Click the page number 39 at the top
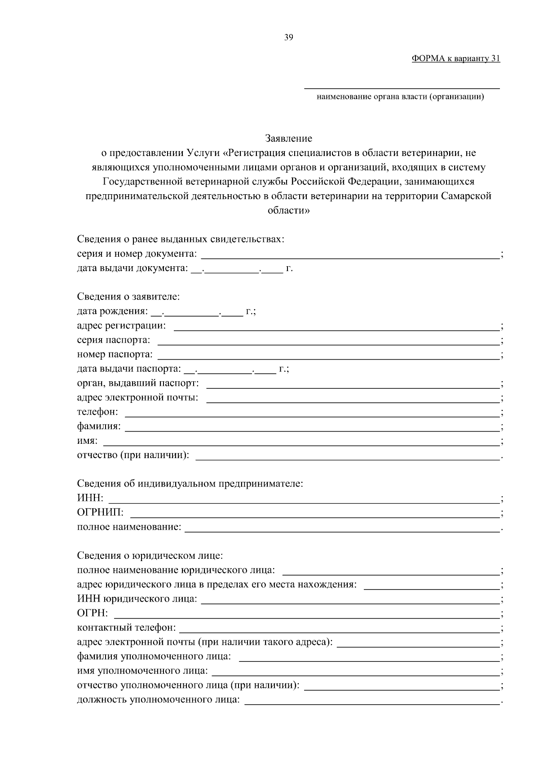[x=288, y=38]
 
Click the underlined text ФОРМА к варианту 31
[x=455, y=58]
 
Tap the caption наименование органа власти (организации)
[x=400, y=97]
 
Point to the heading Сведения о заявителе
[x=128, y=297]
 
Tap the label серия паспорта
[x=114, y=340]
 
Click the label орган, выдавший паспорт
[x=138, y=383]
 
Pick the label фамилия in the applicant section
[x=98, y=426]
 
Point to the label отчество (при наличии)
[x=133, y=455]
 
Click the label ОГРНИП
[x=100, y=513]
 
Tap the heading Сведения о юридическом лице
[x=150, y=556]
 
